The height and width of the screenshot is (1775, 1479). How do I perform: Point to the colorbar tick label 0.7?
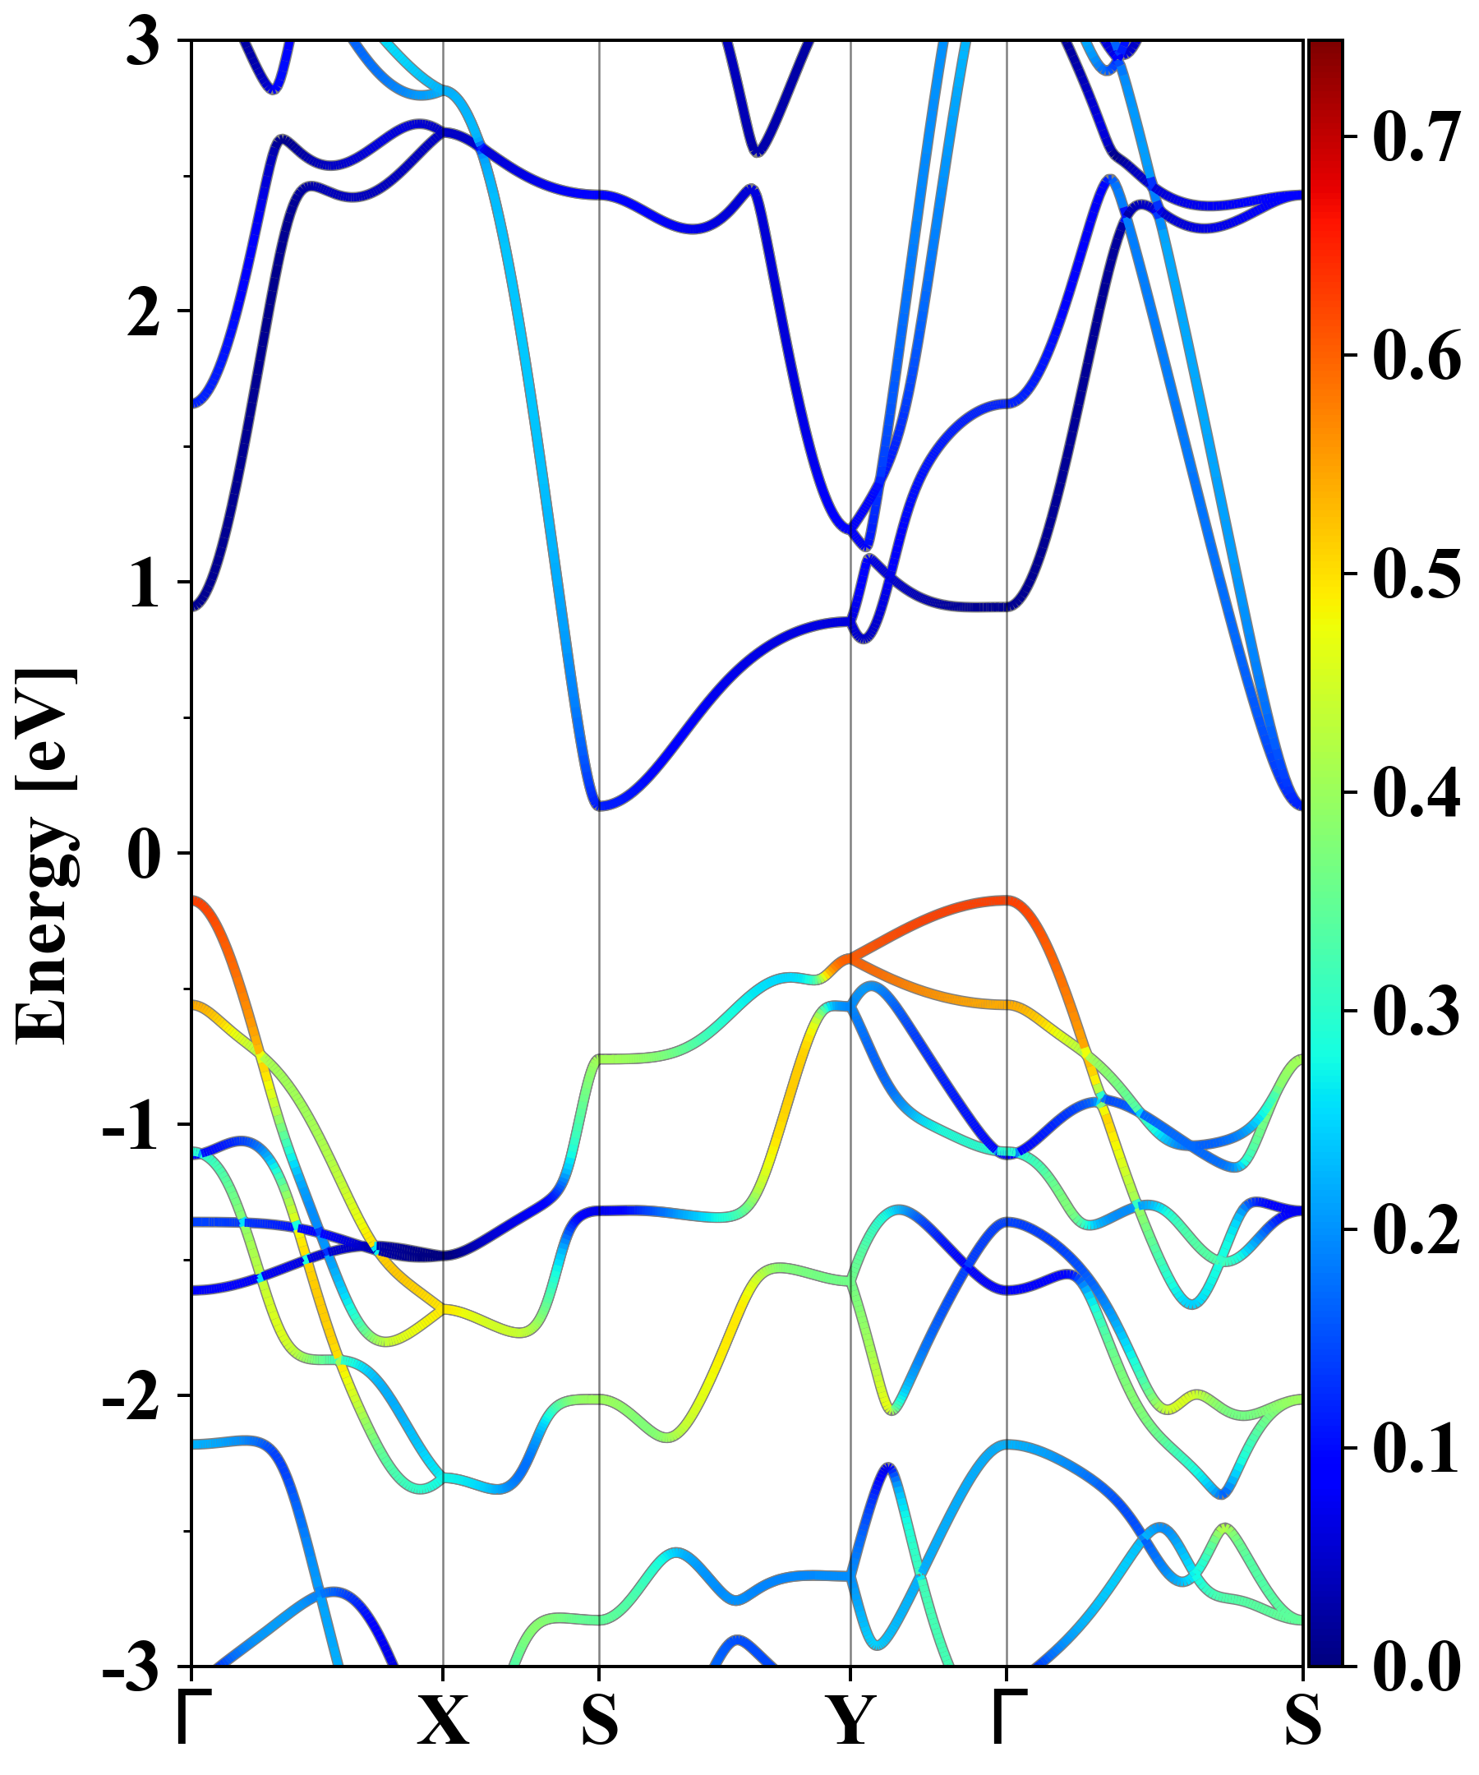click(1417, 137)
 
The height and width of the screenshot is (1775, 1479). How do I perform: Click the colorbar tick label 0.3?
click(1417, 1011)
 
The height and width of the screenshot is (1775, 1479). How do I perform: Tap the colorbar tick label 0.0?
click(1417, 1666)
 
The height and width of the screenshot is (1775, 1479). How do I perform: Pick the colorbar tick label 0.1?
click(1417, 1448)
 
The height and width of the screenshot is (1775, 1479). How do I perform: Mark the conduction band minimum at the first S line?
click(599, 805)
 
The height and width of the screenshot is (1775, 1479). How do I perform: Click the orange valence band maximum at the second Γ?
click(1006, 900)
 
